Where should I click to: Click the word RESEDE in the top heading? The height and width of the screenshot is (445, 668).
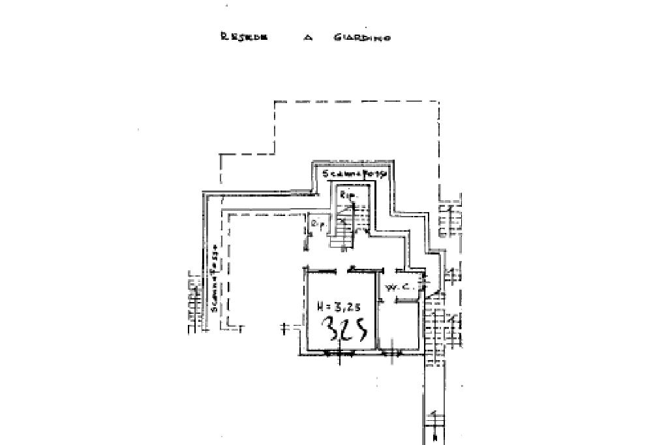(x=235, y=37)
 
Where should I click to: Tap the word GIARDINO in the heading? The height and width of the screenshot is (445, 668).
(x=362, y=38)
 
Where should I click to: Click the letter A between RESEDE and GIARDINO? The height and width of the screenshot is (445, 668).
(x=309, y=38)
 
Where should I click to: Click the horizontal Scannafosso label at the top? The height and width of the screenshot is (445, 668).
(x=356, y=174)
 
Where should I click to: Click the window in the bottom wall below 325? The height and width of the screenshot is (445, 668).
(x=338, y=353)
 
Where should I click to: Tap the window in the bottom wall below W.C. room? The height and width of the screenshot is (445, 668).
(x=391, y=353)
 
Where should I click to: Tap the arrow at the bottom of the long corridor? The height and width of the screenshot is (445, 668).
(x=434, y=427)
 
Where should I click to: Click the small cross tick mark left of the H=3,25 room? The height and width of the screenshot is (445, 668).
(x=285, y=328)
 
